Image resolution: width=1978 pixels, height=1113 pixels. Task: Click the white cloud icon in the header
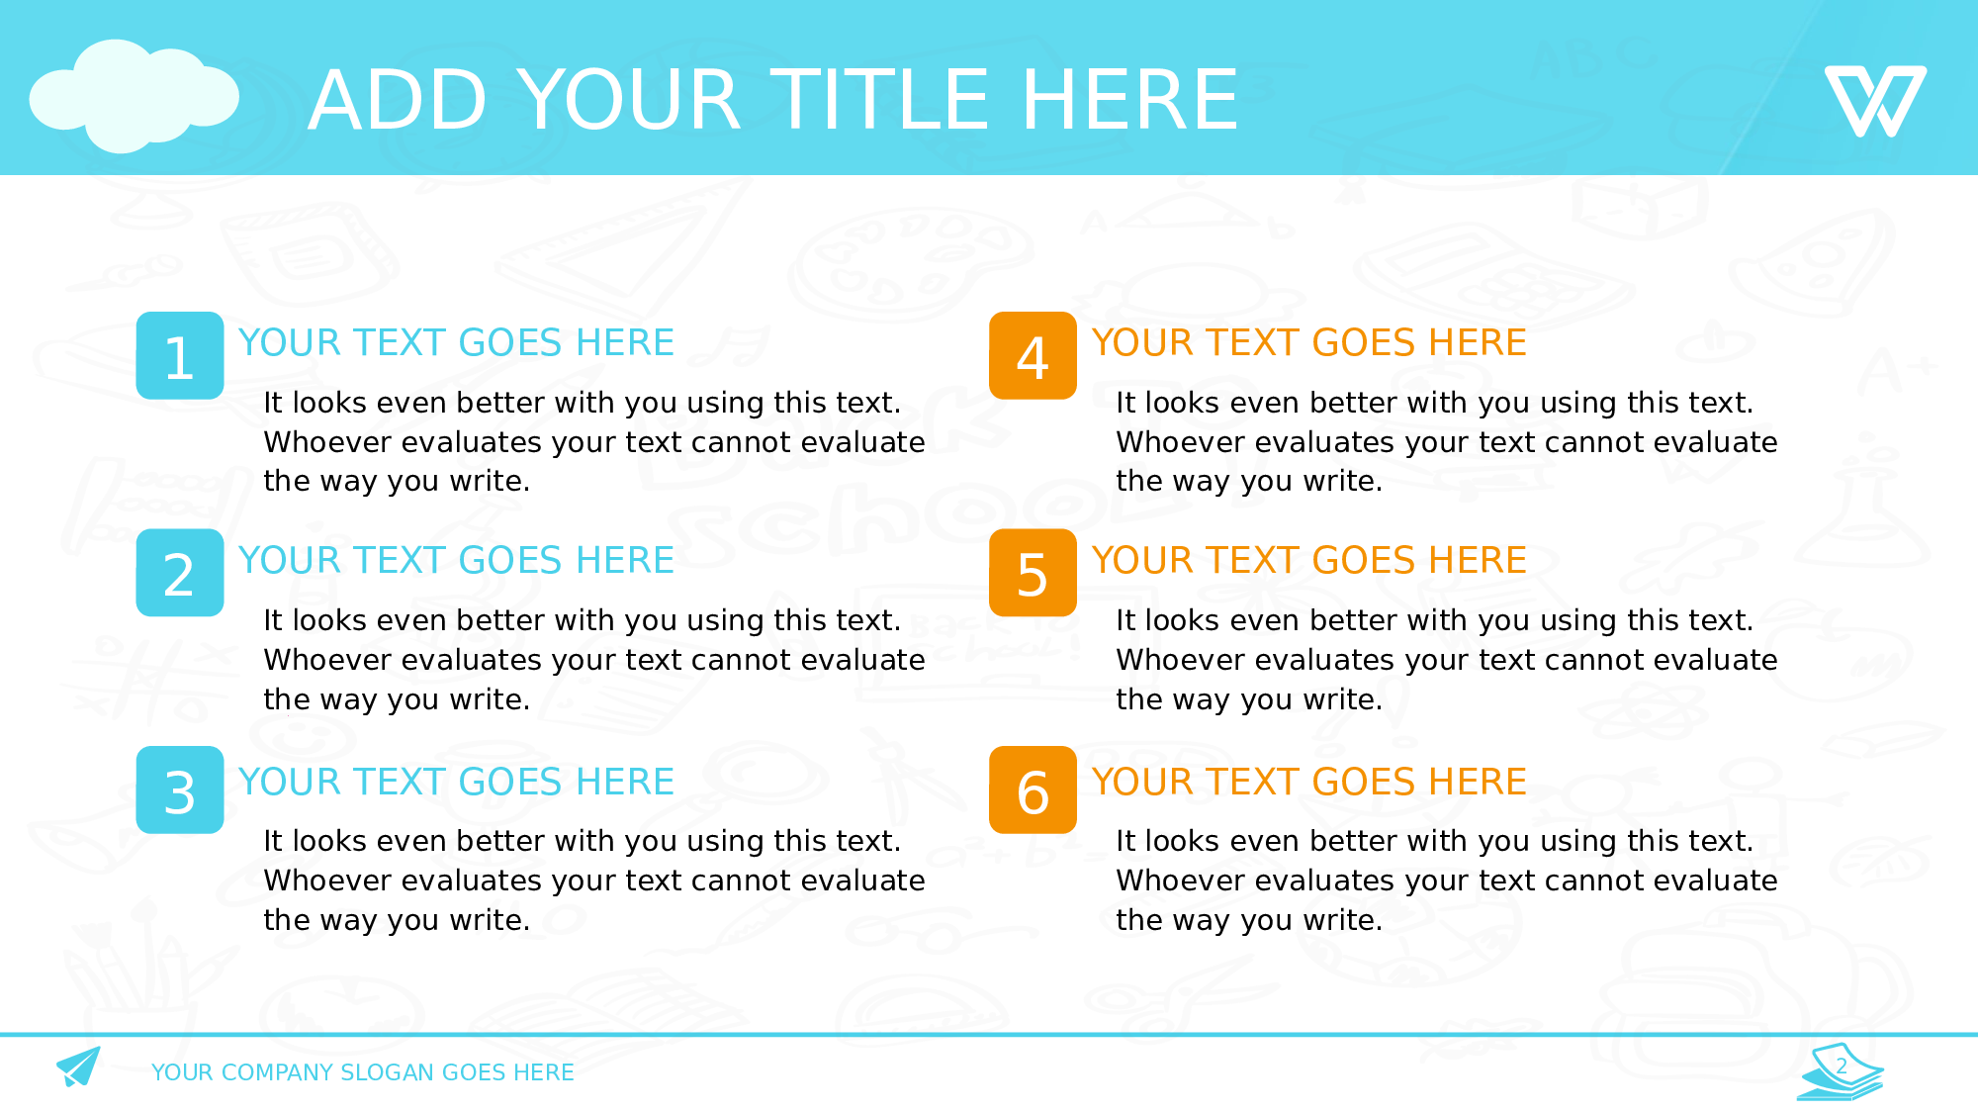click(x=135, y=96)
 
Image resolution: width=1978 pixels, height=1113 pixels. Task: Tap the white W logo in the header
click(x=1875, y=101)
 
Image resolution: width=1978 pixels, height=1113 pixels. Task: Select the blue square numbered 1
click(x=180, y=355)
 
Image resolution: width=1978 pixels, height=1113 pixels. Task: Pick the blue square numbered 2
click(x=180, y=573)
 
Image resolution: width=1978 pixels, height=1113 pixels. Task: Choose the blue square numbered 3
click(x=180, y=789)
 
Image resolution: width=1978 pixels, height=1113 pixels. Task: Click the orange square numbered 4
click(x=1033, y=355)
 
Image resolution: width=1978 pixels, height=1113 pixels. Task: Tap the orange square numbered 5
click(x=1033, y=573)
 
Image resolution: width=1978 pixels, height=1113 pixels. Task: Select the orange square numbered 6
click(x=1033, y=789)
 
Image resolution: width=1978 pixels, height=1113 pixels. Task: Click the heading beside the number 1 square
click(x=456, y=342)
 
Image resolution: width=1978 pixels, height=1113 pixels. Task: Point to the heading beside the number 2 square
click(x=456, y=560)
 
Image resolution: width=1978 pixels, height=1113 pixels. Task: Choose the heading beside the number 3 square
click(x=456, y=782)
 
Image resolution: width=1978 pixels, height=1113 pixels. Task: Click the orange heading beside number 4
click(x=1308, y=342)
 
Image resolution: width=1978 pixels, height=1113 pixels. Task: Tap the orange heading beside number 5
click(x=1308, y=560)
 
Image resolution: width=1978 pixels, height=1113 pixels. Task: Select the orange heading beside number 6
click(x=1308, y=782)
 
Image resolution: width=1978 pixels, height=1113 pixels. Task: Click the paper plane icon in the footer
click(x=79, y=1067)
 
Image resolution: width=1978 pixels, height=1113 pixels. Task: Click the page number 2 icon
click(x=1841, y=1070)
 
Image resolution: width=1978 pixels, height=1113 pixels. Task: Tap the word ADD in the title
click(x=398, y=100)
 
